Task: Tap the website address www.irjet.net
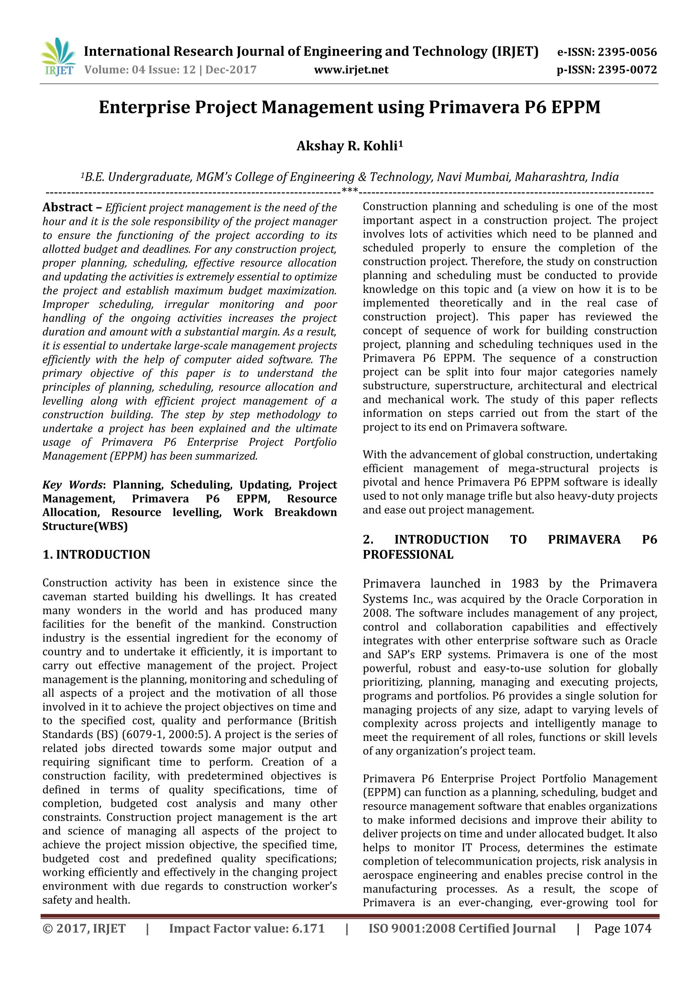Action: click(x=351, y=69)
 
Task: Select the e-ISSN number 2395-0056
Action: click(x=627, y=52)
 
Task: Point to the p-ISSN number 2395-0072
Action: click(x=627, y=69)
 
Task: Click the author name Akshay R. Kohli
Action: click(x=349, y=146)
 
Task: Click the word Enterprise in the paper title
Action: click(x=144, y=107)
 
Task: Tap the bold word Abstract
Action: click(x=67, y=208)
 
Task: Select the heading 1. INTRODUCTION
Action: click(x=96, y=554)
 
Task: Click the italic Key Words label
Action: click(x=72, y=485)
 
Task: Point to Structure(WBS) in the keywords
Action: click(x=85, y=526)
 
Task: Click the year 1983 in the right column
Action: click(x=525, y=584)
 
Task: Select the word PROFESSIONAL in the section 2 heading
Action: click(x=408, y=554)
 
